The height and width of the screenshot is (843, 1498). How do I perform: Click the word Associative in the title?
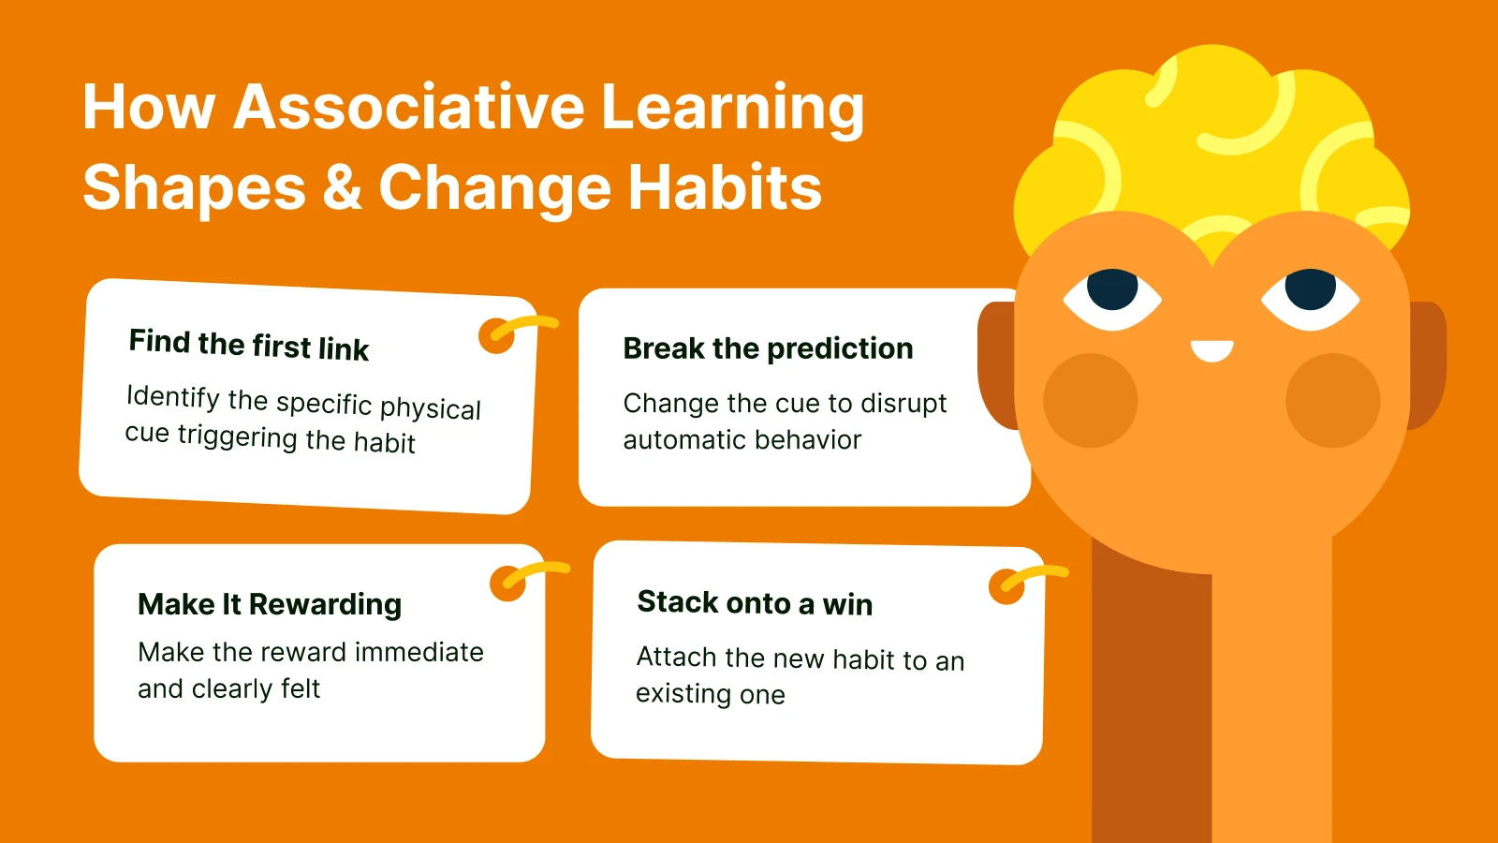coord(409,107)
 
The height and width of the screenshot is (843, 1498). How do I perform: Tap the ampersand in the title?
coord(342,187)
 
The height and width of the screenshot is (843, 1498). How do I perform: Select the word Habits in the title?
coord(725,187)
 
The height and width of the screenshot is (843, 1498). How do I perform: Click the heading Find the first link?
coord(249,345)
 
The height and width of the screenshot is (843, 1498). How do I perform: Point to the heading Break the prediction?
coord(768,348)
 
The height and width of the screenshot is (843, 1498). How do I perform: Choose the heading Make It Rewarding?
coord(270,604)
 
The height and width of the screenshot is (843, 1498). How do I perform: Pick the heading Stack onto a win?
coord(755,603)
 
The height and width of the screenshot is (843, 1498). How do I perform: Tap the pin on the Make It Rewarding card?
coord(508,583)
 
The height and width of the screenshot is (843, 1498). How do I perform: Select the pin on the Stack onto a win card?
coord(1007,586)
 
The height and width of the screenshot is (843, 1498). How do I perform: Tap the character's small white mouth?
coord(1212,351)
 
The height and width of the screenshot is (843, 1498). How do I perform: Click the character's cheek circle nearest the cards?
coord(1090,400)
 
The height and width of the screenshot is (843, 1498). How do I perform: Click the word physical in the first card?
coord(430,409)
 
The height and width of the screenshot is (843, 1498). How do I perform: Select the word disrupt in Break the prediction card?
coord(903,404)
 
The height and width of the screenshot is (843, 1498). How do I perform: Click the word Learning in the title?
coord(732,107)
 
